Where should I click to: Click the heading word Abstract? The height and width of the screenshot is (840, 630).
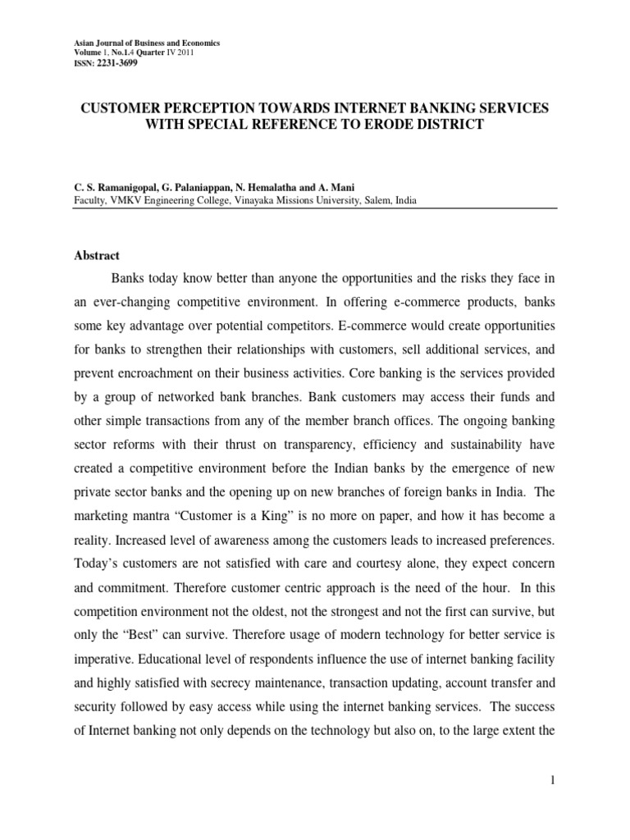coord(97,256)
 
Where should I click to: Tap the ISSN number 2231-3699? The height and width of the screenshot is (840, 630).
coord(117,63)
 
